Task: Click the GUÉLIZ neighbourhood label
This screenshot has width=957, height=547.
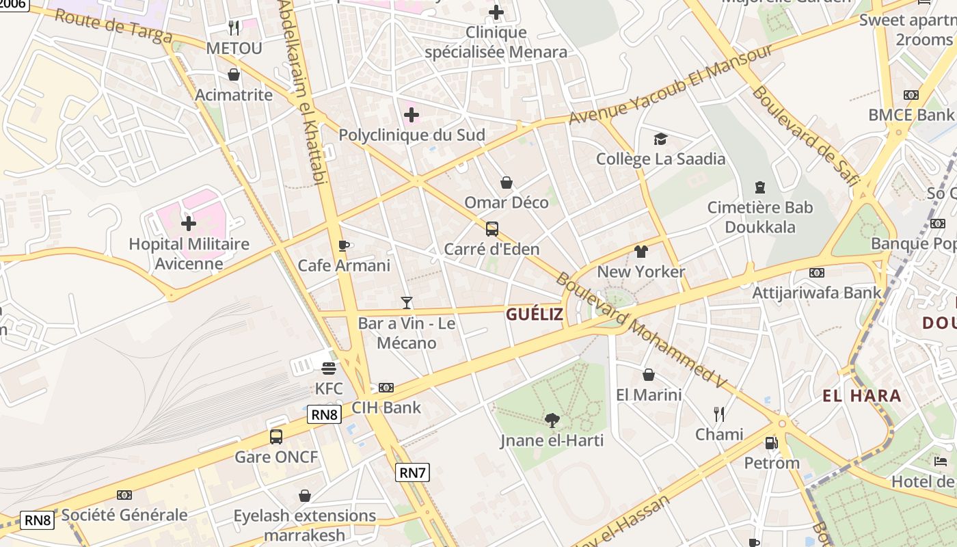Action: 535,315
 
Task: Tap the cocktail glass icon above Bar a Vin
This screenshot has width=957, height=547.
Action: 407,302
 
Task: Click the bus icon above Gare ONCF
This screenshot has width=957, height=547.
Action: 276,436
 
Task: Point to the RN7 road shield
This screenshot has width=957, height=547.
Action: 413,472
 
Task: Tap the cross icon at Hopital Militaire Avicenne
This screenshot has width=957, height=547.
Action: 189,223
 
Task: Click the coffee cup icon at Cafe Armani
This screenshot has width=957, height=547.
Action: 344,245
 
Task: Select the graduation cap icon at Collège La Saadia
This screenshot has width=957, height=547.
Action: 660,139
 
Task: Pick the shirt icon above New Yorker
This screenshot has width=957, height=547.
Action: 641,252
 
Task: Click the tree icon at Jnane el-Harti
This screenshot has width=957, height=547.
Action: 552,420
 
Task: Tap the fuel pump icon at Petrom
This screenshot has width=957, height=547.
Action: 771,443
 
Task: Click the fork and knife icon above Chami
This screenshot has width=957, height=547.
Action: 719,414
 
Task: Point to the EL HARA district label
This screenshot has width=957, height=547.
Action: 862,395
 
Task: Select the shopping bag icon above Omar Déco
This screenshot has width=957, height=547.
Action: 507,183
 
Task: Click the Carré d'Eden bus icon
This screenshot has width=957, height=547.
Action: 491,229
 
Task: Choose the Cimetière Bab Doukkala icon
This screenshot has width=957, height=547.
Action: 759,187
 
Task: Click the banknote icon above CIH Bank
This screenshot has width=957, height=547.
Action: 386,388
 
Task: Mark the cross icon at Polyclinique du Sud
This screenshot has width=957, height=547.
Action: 412,115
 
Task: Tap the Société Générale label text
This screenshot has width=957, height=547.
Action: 124,515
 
